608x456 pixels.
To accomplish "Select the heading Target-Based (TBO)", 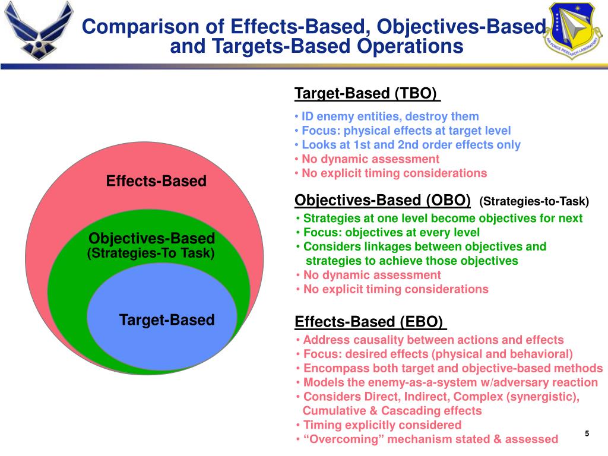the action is pos(366,94).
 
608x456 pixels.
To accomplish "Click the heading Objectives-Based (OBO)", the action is pos(382,199).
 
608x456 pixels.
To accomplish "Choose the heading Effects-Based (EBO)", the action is pos(369,322).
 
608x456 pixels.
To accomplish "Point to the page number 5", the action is pos(587,433).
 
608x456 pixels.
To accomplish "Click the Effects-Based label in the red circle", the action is pos(156,181).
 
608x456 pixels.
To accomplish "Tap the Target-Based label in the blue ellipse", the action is pos(166,320).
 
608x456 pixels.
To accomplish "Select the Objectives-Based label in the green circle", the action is pos(151,239).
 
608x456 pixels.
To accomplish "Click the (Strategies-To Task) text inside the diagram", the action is pos(151,254).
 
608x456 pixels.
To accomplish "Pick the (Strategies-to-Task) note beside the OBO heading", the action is pos(534,201).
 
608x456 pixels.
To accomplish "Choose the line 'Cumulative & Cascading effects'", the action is pos(392,411).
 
